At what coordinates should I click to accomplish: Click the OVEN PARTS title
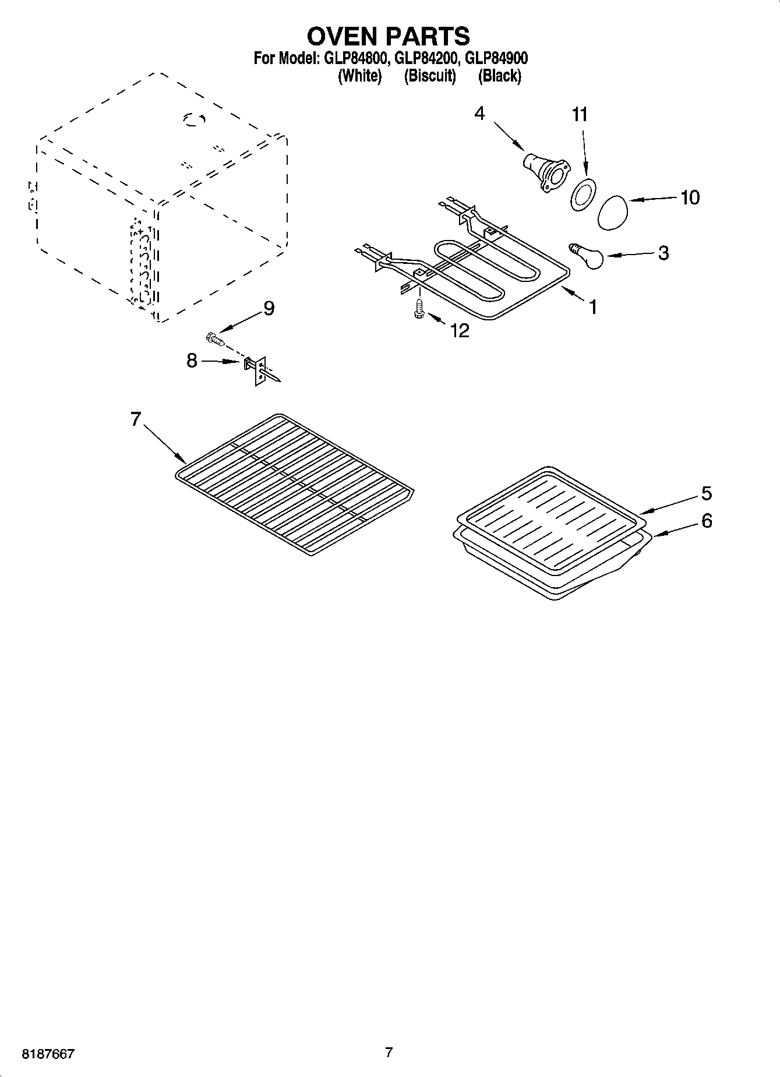[x=389, y=36]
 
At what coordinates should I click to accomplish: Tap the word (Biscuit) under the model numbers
[x=430, y=76]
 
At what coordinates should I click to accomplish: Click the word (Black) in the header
[x=499, y=76]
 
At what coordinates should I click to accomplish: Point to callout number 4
[x=479, y=114]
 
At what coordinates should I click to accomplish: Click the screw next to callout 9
[x=215, y=338]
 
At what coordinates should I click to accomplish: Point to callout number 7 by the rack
[x=136, y=419]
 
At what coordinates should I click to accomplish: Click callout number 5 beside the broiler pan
[x=706, y=493]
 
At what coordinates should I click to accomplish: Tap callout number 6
[x=706, y=520]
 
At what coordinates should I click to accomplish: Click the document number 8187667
[x=48, y=1054]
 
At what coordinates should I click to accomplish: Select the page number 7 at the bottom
[x=389, y=1052]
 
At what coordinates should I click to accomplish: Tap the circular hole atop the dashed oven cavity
[x=195, y=119]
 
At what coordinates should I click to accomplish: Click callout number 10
[x=690, y=197]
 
